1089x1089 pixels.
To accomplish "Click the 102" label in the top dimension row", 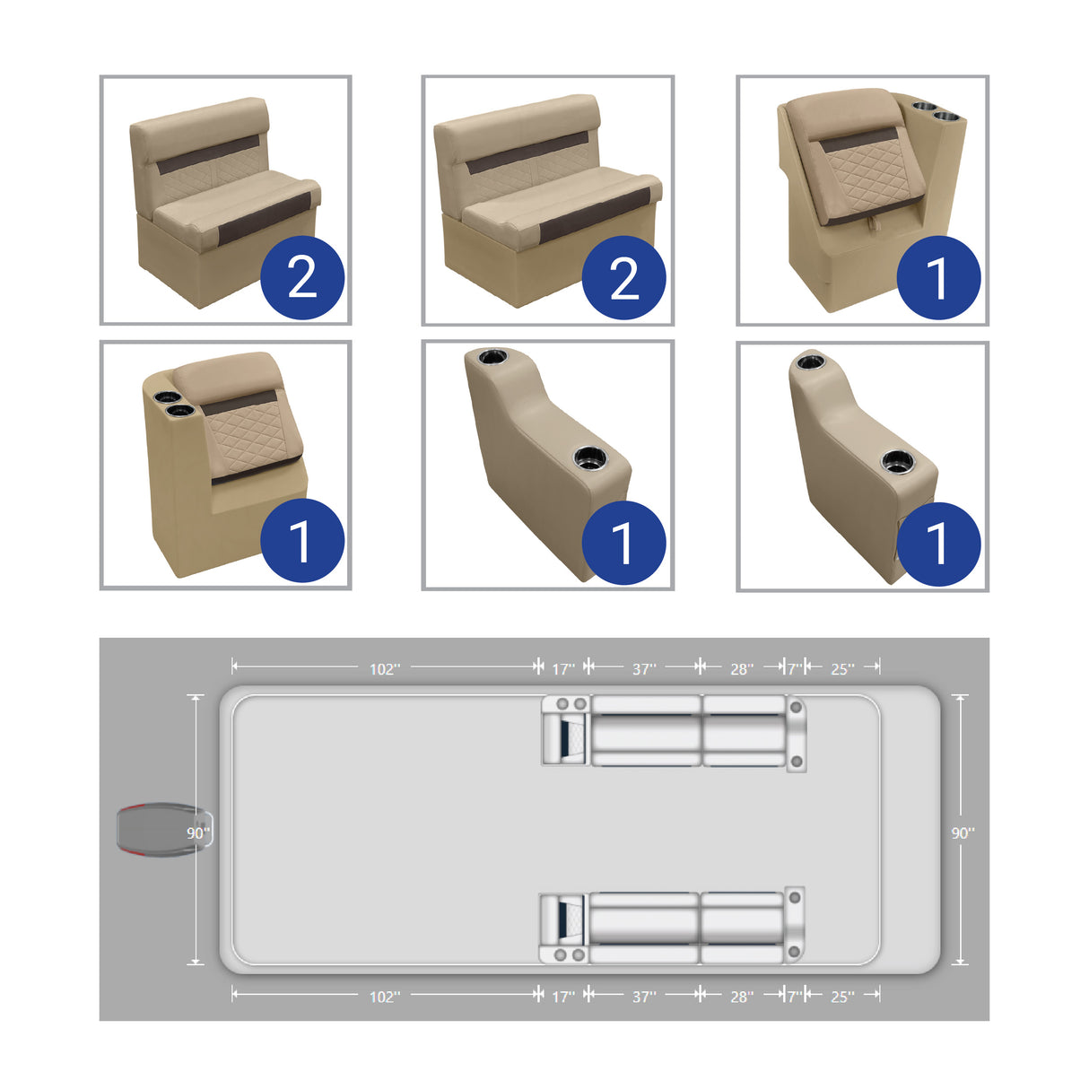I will [x=385, y=669].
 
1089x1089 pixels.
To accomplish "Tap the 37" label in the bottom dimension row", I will [x=644, y=997].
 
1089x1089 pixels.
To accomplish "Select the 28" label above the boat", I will [x=741, y=669].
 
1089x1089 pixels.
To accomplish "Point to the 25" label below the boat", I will [x=841, y=997].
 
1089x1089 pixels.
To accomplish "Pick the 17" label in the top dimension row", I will [x=562, y=669].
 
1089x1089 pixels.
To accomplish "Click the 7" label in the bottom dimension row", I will [x=794, y=997].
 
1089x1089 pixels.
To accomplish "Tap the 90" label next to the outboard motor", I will [x=197, y=833].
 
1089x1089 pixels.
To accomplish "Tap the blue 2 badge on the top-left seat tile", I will [x=302, y=277].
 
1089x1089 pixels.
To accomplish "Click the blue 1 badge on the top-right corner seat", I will [x=938, y=277].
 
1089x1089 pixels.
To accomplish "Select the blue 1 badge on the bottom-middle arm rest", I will [x=623, y=543].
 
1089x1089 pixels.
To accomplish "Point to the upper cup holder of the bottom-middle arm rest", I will [x=492, y=358].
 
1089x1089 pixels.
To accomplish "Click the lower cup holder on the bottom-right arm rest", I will [x=897, y=462].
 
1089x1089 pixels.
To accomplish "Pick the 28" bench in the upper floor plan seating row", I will [x=744, y=729].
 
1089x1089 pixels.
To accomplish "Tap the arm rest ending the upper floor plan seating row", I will [x=796, y=733].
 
